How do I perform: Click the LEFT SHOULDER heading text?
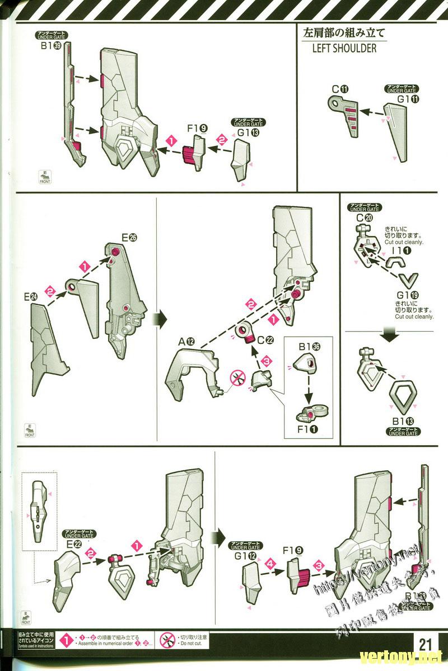pyautogui.click(x=344, y=48)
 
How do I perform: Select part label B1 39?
pyautogui.click(x=51, y=46)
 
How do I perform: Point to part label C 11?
pyautogui.click(x=340, y=89)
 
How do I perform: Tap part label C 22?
pyautogui.click(x=266, y=340)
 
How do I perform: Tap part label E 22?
pyautogui.click(x=74, y=544)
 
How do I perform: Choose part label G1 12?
pyautogui.click(x=245, y=556)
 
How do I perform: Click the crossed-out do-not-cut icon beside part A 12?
pyautogui.click(x=238, y=379)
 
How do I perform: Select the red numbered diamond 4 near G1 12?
pyautogui.click(x=271, y=565)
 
